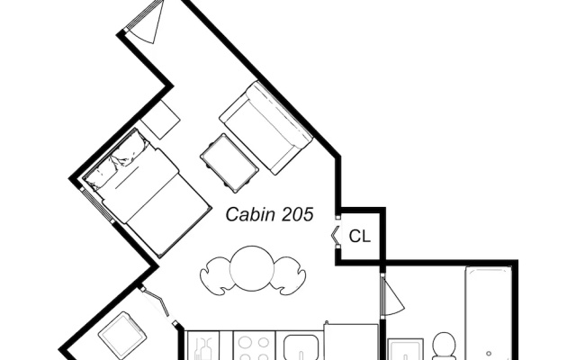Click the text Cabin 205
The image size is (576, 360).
pyautogui.click(x=269, y=214)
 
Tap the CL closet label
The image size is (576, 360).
pyautogui.click(x=360, y=236)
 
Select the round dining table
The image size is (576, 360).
pyautogui.click(x=252, y=268)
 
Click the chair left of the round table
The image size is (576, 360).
pyautogui.click(x=216, y=275)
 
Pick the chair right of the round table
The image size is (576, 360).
pyautogui.click(x=290, y=275)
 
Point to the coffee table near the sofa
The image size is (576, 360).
pyautogui.click(x=229, y=163)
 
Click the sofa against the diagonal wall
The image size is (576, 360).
pyautogui.click(x=266, y=128)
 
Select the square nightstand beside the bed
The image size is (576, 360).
pyautogui.click(x=160, y=119)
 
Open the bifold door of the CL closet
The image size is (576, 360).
pyautogui.click(x=335, y=236)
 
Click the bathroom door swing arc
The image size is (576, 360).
pyautogui.click(x=393, y=297)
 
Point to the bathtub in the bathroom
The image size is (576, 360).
pyautogui.click(x=489, y=313)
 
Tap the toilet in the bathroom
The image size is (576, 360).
pyautogui.click(x=444, y=346)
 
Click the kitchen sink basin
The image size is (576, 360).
pyautogui.click(x=301, y=347)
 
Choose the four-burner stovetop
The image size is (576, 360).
pyautogui.click(x=254, y=346)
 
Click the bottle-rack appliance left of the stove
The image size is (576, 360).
pyautogui.click(x=203, y=346)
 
